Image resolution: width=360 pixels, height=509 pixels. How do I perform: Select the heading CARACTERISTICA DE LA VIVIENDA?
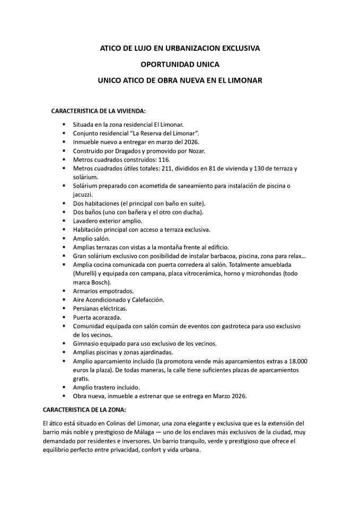(x=98, y=111)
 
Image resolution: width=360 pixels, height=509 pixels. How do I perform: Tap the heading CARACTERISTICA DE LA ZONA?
(x=84, y=410)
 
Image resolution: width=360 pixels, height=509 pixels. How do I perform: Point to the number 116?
(x=164, y=160)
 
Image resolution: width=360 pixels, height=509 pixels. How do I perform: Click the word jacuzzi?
(x=83, y=195)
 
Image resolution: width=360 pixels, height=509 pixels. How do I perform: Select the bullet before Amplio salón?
(x=64, y=239)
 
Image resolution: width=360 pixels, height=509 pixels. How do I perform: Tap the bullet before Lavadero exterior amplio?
(x=64, y=221)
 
